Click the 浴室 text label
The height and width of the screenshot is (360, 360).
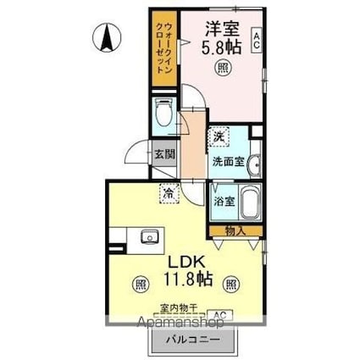coord(223,202)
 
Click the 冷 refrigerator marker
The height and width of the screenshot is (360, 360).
coord(169,193)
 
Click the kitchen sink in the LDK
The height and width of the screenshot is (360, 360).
coord(150,236)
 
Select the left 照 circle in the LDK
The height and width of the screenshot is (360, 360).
coord(139,285)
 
